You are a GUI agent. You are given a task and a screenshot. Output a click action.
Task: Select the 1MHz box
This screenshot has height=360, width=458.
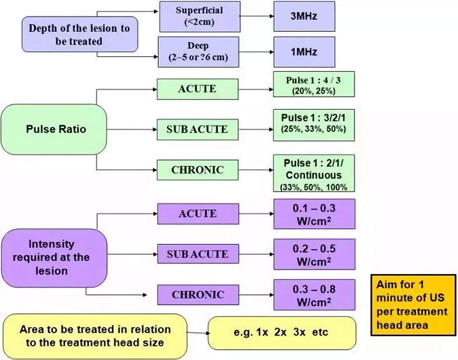304,51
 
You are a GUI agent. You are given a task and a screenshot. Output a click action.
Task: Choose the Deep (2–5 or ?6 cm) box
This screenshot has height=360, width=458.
198,52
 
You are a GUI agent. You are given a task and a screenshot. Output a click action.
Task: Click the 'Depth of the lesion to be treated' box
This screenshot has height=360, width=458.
79,35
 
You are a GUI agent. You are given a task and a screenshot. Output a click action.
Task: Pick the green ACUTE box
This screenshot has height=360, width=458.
197,89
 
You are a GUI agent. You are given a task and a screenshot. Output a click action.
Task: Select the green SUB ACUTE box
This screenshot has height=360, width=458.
197,130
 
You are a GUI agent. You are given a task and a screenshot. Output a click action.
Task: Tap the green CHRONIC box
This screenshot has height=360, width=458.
197,170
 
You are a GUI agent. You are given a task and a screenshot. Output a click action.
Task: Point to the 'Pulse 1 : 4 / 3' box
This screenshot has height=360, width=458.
313,84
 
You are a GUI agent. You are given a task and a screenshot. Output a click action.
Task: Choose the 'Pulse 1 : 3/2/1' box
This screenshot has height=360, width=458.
313,124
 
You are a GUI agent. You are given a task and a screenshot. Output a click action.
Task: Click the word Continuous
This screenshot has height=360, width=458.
313,175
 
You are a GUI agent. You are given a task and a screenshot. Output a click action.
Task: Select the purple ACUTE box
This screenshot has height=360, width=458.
197,214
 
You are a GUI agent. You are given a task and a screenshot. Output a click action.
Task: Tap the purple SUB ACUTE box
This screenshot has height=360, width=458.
197,254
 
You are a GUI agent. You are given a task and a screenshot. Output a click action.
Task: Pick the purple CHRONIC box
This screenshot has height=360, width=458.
197,295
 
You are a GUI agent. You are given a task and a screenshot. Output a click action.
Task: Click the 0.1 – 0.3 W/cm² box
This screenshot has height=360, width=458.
314,213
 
